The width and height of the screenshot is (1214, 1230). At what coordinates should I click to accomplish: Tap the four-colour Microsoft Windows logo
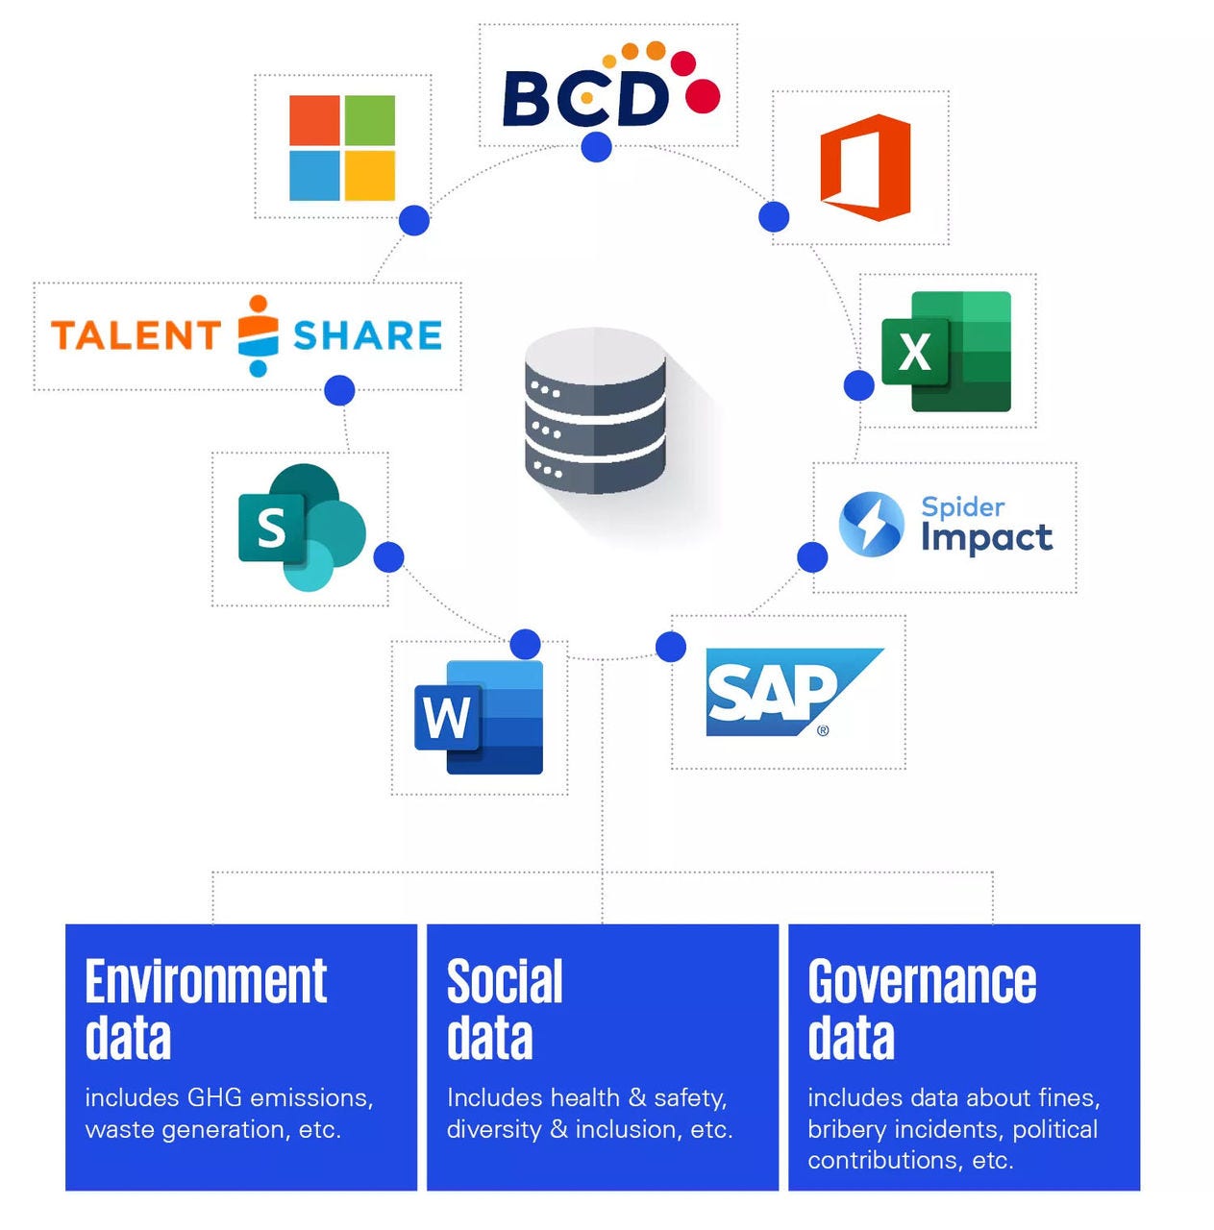point(342,148)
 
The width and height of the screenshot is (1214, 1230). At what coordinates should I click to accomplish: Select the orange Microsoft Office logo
point(865,167)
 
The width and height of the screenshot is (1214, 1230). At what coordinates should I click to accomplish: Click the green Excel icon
point(946,352)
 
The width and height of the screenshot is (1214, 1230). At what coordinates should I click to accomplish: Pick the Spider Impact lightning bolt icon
point(871,525)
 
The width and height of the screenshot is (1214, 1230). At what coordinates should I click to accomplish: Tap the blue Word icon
point(479,717)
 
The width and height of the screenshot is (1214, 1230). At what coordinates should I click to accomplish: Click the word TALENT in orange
point(136,335)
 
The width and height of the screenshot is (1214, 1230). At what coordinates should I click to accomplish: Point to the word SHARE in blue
point(367,335)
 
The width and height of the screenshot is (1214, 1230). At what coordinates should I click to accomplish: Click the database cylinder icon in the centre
point(596,411)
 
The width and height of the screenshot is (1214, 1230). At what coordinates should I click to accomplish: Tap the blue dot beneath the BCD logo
point(597,147)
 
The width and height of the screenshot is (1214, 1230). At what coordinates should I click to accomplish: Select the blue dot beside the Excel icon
point(858,385)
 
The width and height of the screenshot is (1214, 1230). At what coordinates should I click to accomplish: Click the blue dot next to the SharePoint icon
point(388,556)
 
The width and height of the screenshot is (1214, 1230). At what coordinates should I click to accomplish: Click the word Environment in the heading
point(206,982)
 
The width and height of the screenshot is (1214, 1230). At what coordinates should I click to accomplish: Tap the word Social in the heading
point(505,982)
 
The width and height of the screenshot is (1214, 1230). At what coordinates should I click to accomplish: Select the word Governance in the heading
point(922,982)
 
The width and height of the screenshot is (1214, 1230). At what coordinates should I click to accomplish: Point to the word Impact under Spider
point(986,538)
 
